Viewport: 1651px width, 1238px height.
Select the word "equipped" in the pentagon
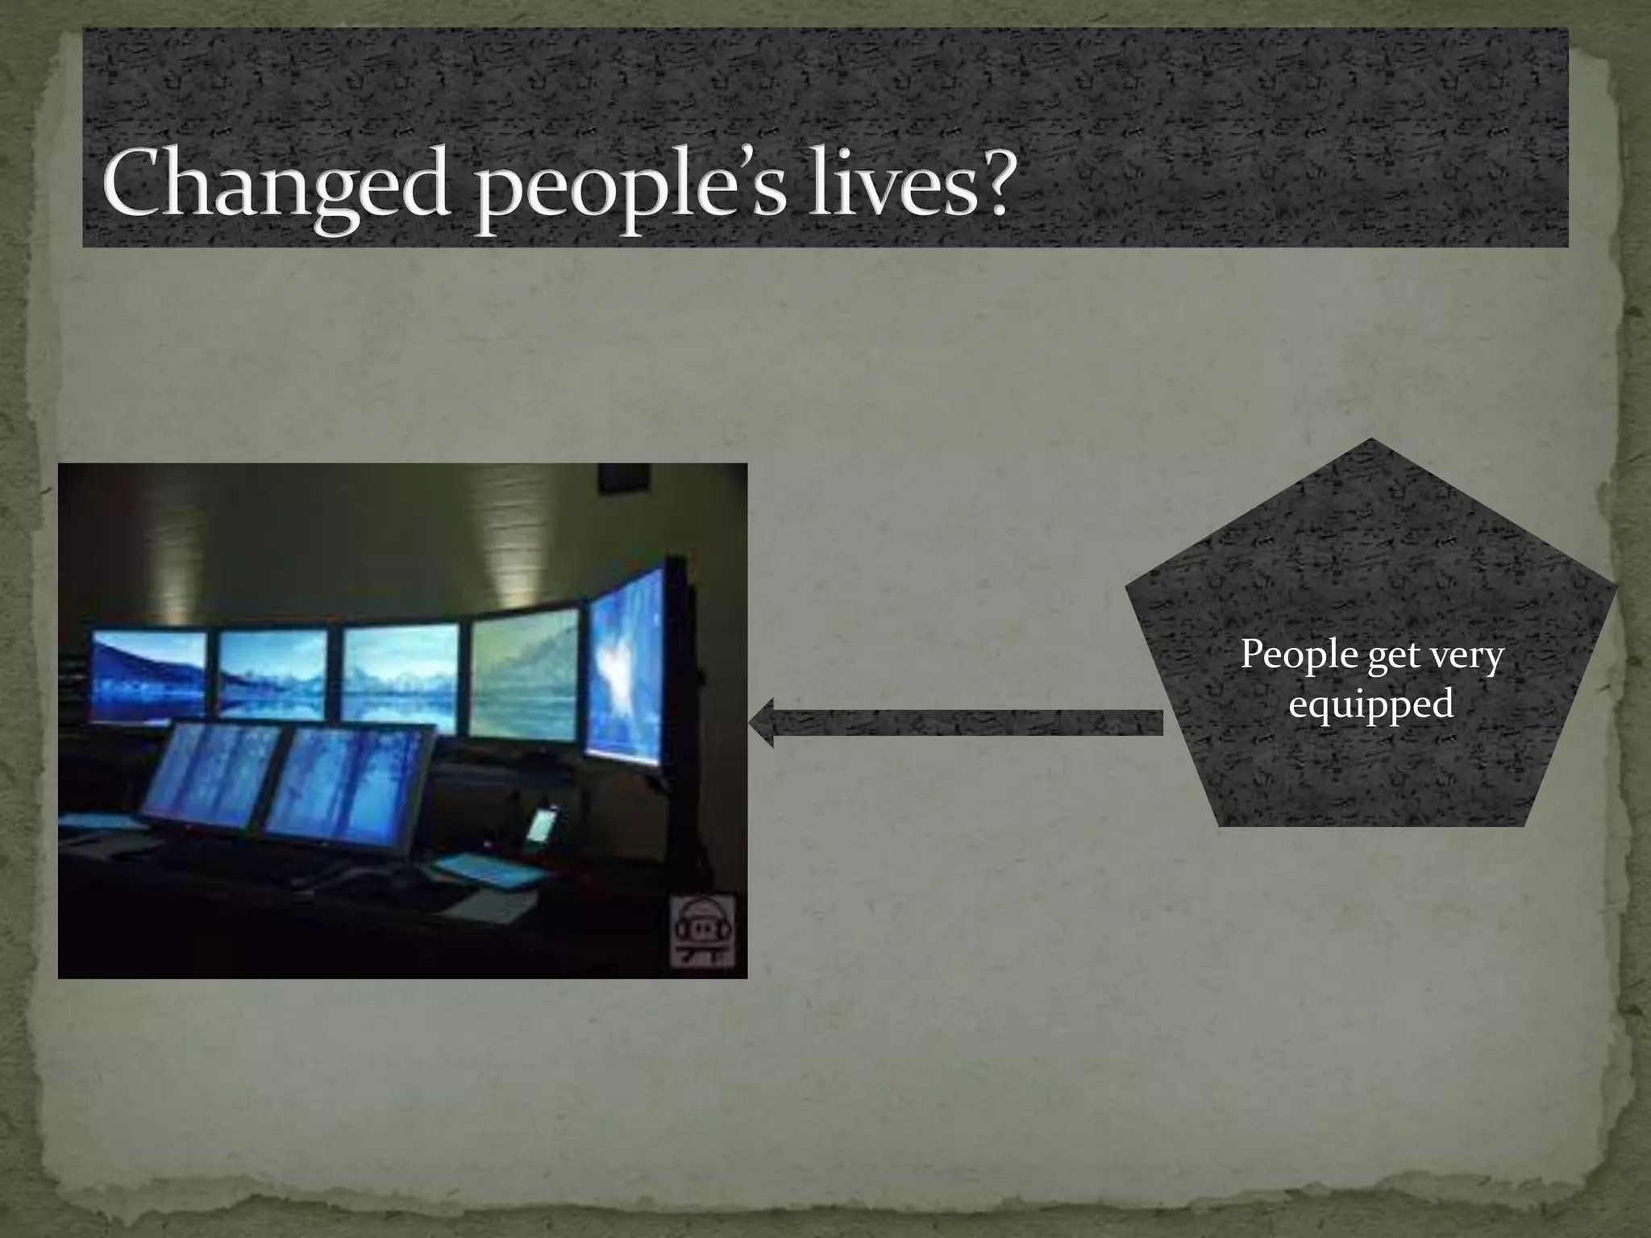pyautogui.click(x=1370, y=704)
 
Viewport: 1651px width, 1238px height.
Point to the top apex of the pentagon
pyautogui.click(x=1370, y=442)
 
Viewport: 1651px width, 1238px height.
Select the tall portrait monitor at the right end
pyautogui.click(x=626, y=666)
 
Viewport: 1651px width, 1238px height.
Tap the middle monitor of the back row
pyautogui.click(x=399, y=674)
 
